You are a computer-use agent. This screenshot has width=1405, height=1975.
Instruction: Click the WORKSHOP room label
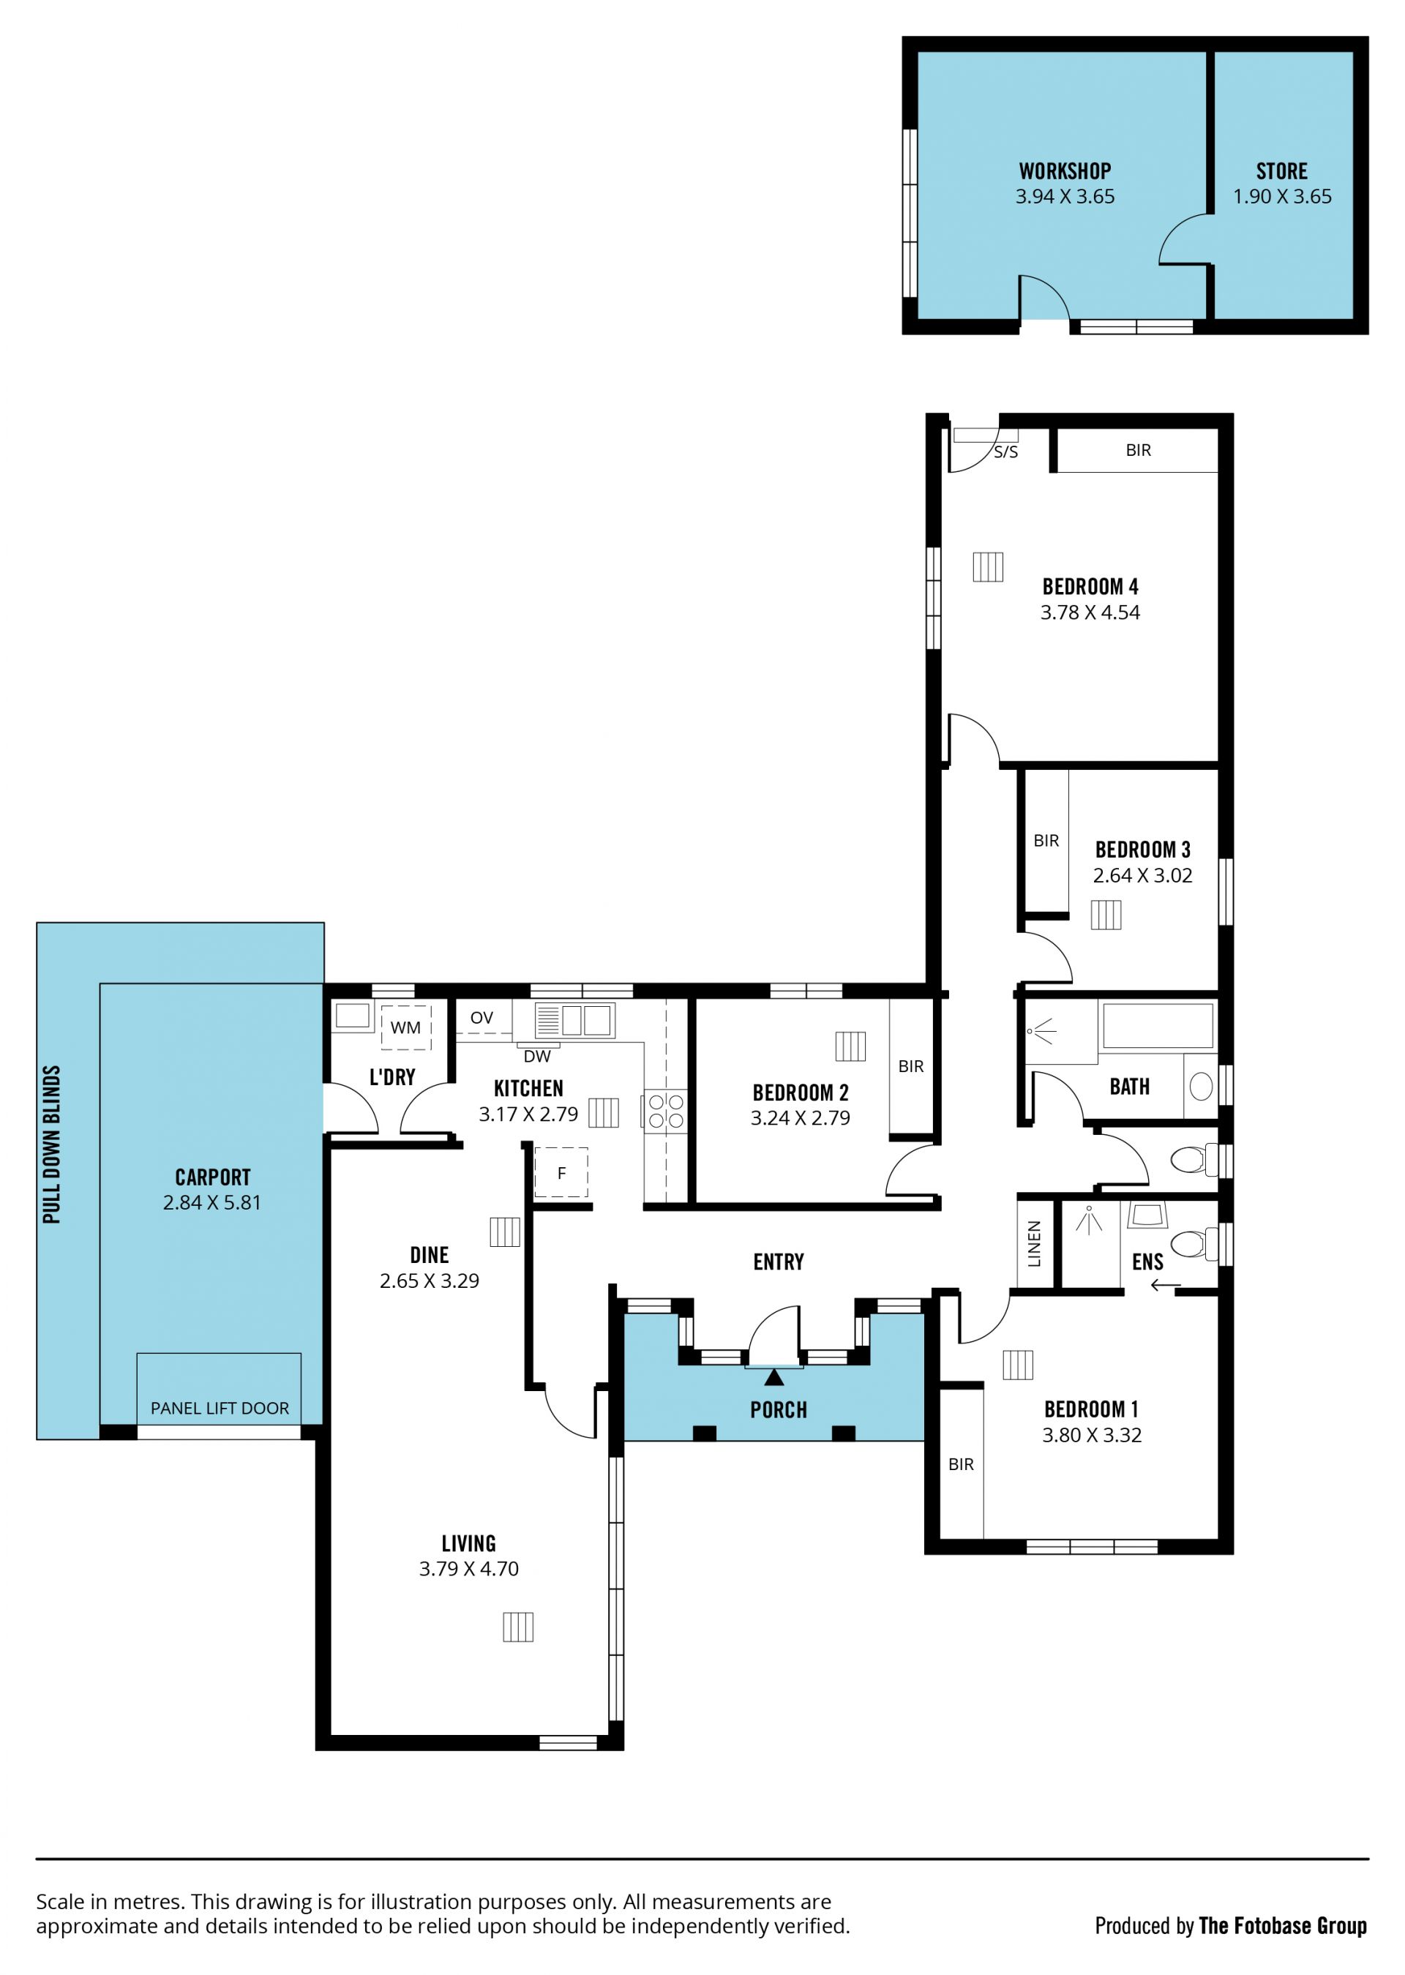[x=1065, y=171]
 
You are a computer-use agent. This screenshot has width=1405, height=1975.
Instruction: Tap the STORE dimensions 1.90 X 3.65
[x=1282, y=196]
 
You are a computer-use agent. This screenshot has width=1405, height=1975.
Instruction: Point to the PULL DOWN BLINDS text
[x=52, y=1144]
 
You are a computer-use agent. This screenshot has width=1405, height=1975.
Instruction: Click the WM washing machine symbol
[x=405, y=1027]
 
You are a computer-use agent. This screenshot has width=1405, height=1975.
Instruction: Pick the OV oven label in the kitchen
[x=482, y=1017]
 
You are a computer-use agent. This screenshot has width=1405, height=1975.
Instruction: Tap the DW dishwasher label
[x=537, y=1056]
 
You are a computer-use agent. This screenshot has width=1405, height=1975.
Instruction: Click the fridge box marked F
[x=561, y=1172]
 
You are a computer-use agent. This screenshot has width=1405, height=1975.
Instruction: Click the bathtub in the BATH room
[x=1158, y=1026]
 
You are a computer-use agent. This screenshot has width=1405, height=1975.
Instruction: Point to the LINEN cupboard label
[x=1035, y=1244]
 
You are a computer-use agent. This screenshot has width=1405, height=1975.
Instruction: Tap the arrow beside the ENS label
[x=1166, y=1286]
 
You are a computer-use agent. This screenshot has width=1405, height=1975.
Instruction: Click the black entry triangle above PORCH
[x=774, y=1376]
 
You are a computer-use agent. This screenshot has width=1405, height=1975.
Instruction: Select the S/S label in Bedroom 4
[x=1006, y=452]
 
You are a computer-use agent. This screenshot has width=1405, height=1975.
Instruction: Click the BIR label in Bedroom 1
[x=961, y=1464]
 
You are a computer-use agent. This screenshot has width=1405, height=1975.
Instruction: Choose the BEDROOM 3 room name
[x=1143, y=850]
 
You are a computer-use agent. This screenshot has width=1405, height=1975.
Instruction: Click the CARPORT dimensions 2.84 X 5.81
[x=212, y=1202]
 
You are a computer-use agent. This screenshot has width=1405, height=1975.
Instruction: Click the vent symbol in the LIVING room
[x=518, y=1627]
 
